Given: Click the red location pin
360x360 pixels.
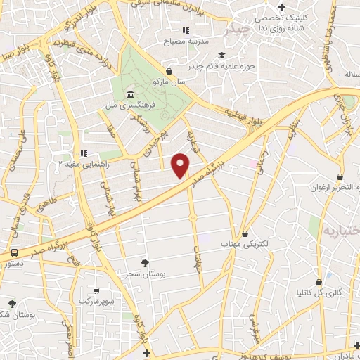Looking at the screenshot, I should tap(181, 165).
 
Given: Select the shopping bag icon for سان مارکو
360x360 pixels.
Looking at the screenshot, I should tap(169, 71).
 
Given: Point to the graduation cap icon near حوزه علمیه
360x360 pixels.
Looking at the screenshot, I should tap(221, 56).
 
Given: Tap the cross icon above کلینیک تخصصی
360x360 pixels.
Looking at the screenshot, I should tap(281, 7).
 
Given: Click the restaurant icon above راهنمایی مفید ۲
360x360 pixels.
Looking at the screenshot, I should tap(83, 153).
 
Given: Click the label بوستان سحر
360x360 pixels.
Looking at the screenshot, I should tap(144, 273).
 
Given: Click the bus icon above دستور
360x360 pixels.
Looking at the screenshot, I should tap(14, 252).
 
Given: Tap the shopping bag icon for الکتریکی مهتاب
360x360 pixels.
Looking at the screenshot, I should tap(245, 233).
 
